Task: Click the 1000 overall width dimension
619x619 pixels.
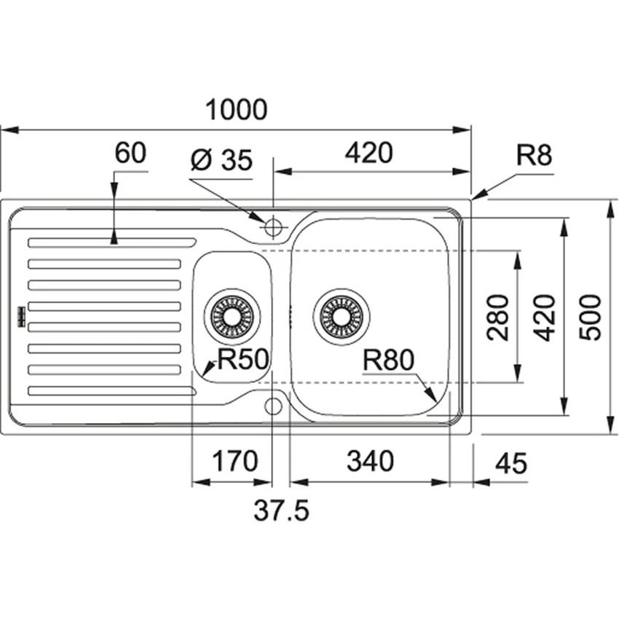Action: (237, 110)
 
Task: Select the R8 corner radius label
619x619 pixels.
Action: (535, 156)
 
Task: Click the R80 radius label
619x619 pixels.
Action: (388, 359)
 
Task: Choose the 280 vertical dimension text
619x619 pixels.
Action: (498, 316)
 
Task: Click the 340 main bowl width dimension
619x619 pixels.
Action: (369, 461)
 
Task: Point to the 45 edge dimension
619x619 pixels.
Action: (510, 463)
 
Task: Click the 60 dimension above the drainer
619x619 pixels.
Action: (130, 154)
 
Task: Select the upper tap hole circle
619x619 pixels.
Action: (273, 227)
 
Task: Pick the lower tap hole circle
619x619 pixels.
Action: (273, 406)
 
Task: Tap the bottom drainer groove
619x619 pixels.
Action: (111, 392)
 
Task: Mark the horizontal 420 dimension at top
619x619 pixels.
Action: (368, 154)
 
